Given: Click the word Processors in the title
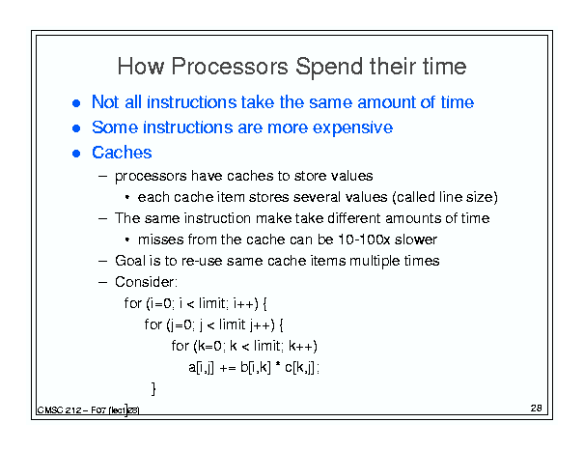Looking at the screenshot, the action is (230, 67).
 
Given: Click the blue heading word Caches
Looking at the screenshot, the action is (122, 153).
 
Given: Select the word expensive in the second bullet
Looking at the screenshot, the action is (352, 127).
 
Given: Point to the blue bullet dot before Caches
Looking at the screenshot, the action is (76, 154).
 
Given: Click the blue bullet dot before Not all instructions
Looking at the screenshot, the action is (76, 103).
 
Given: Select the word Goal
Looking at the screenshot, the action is (130, 261).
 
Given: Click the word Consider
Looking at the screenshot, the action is (146, 282).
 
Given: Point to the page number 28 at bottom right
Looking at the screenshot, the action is (536, 409).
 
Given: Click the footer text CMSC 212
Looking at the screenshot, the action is (59, 410).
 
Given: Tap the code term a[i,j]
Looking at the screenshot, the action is (201, 368).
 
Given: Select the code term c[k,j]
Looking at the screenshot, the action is (300, 368).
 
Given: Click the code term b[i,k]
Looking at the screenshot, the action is (256, 368).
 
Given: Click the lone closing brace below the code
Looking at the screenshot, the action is (153, 388).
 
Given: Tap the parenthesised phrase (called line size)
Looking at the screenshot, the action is (445, 197).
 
